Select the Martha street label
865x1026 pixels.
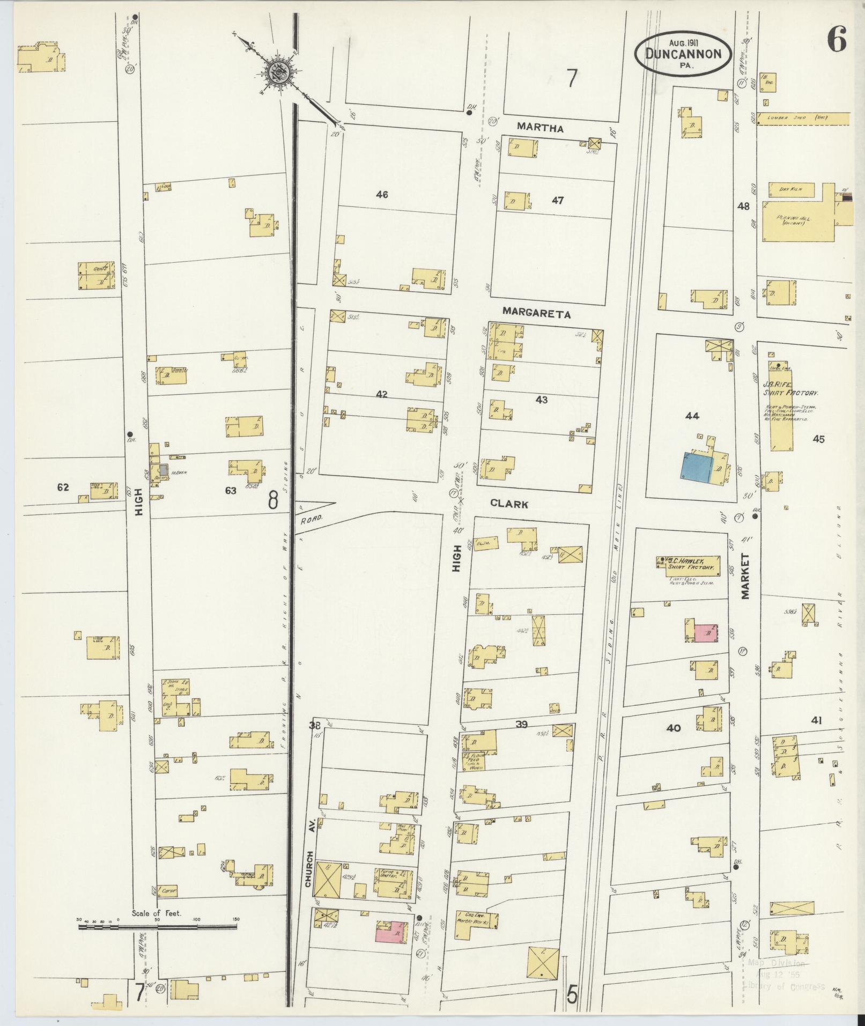pyautogui.click(x=540, y=128)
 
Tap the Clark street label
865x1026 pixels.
pyautogui.click(x=509, y=504)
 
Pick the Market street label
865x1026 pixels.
pyautogui.click(x=746, y=576)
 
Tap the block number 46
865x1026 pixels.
pyautogui.click(x=382, y=195)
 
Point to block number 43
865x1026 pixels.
pyautogui.click(x=541, y=400)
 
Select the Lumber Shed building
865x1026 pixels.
pyautogui.click(x=802, y=118)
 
